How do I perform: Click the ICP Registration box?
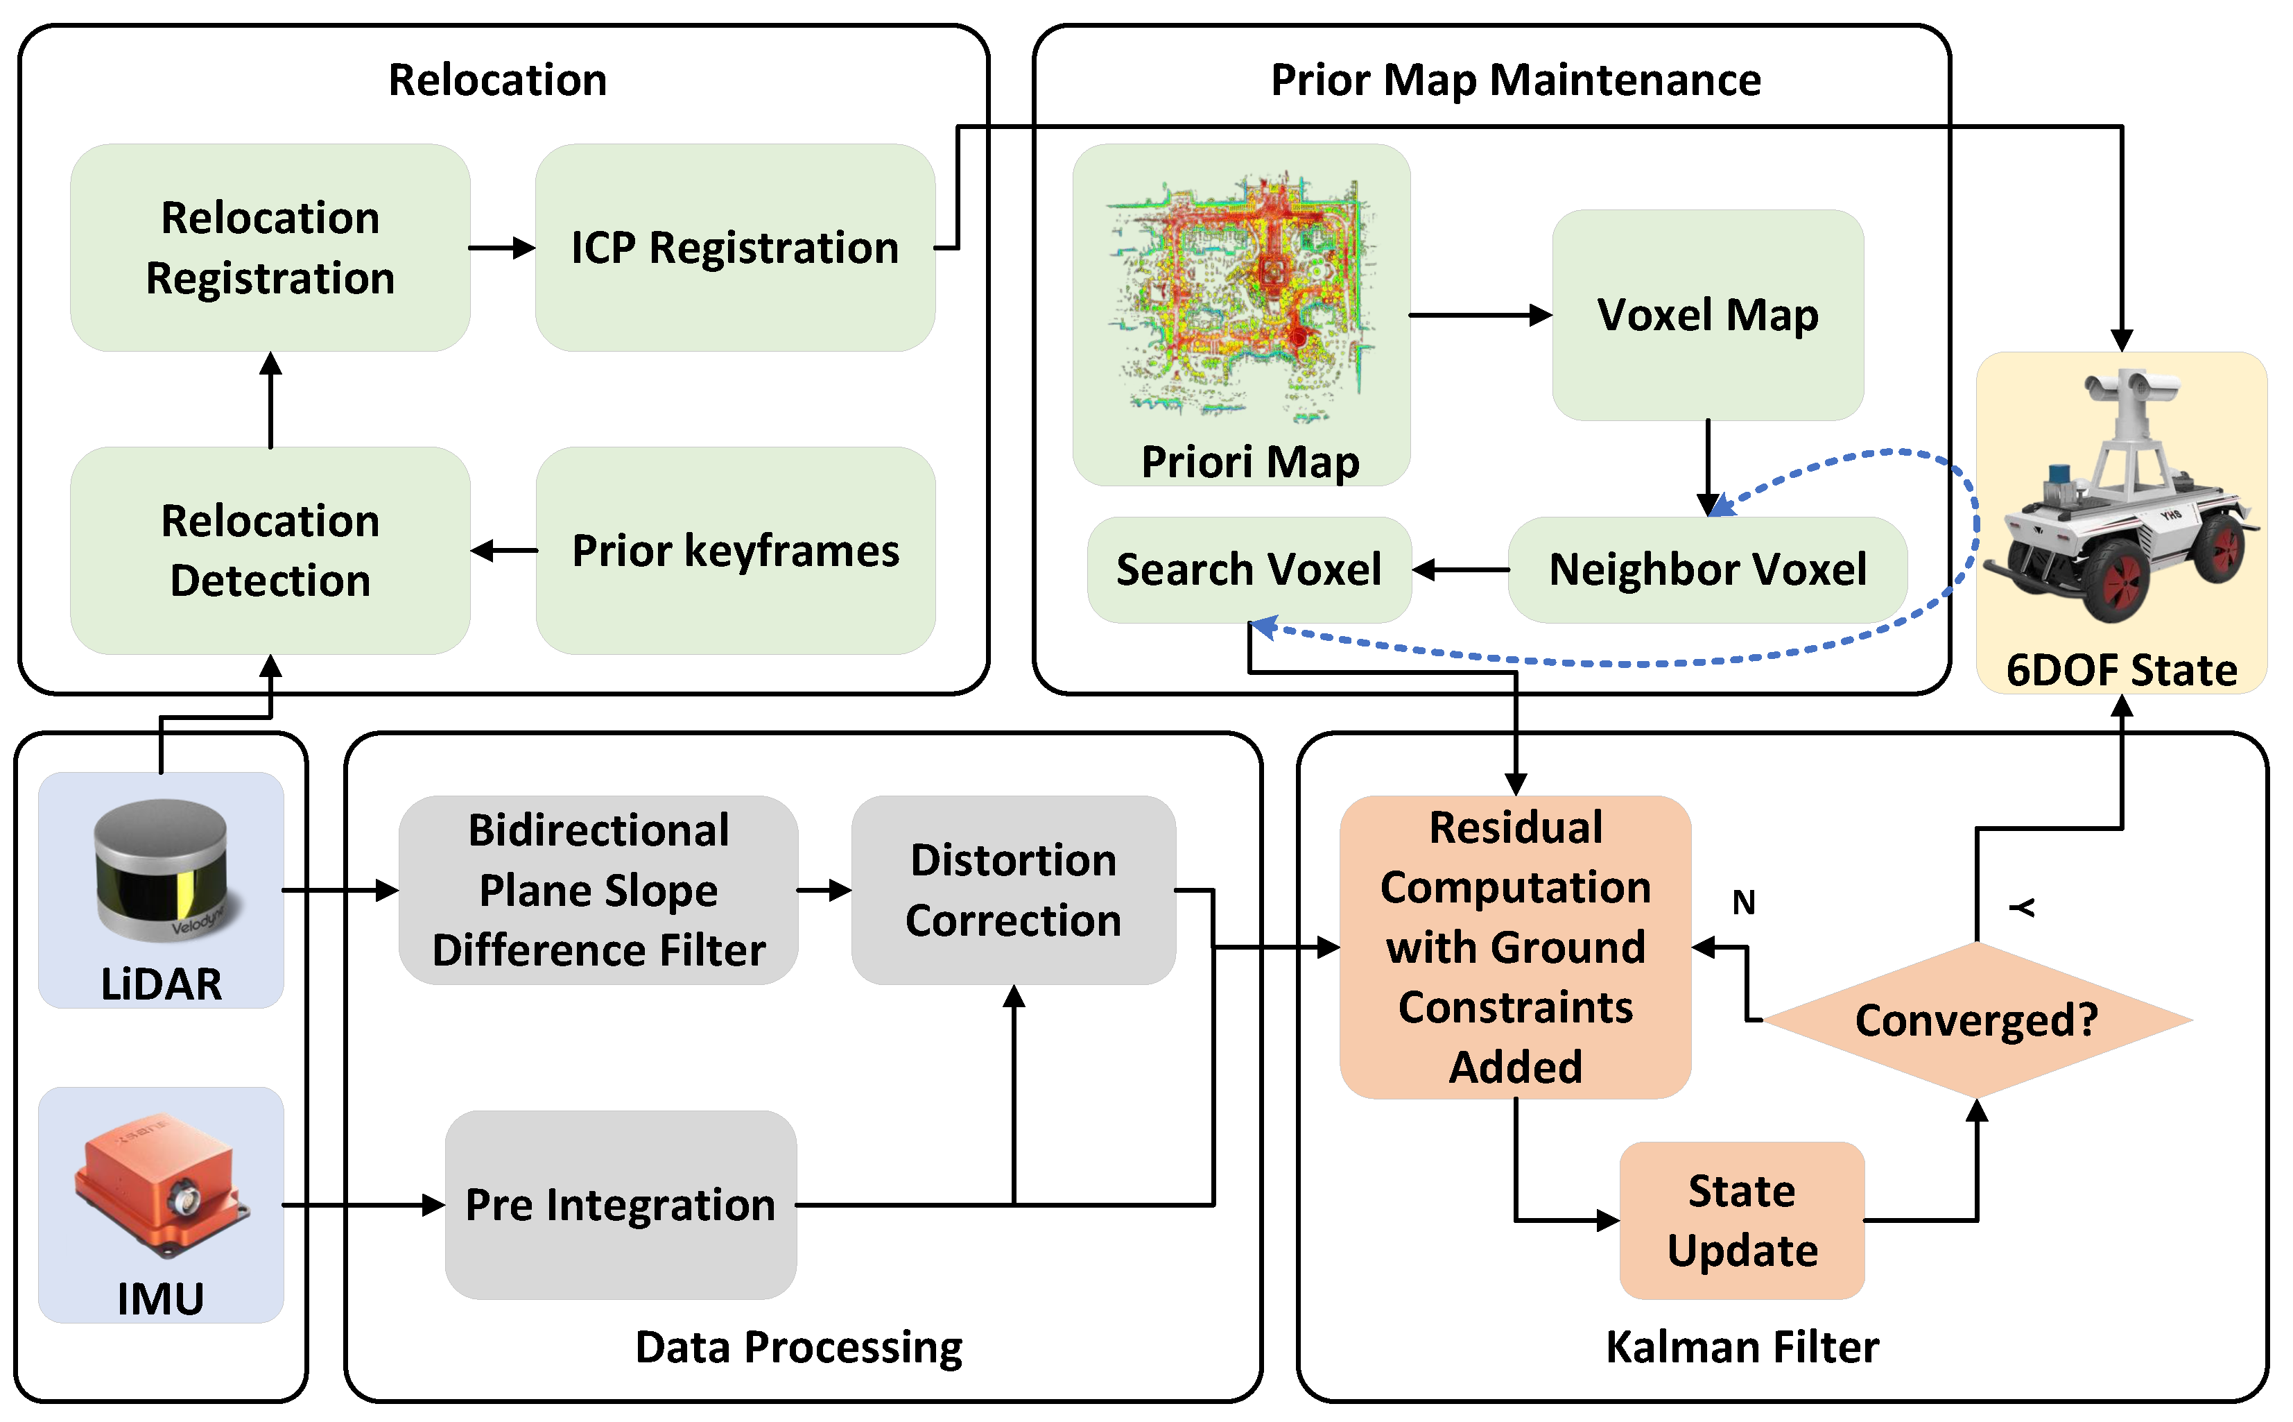tap(734, 248)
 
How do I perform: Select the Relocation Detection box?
tap(270, 550)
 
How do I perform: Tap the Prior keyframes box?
tap(734, 550)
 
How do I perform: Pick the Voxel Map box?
tap(1706, 314)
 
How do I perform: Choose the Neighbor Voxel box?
tap(1706, 569)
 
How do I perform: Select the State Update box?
tap(1741, 1219)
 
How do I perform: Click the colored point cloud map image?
tap(1241, 291)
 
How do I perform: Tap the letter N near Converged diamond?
tap(1743, 903)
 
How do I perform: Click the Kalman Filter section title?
tap(1741, 1347)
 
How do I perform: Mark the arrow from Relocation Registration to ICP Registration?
tap(501, 248)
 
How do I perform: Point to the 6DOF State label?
tap(2121, 669)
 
